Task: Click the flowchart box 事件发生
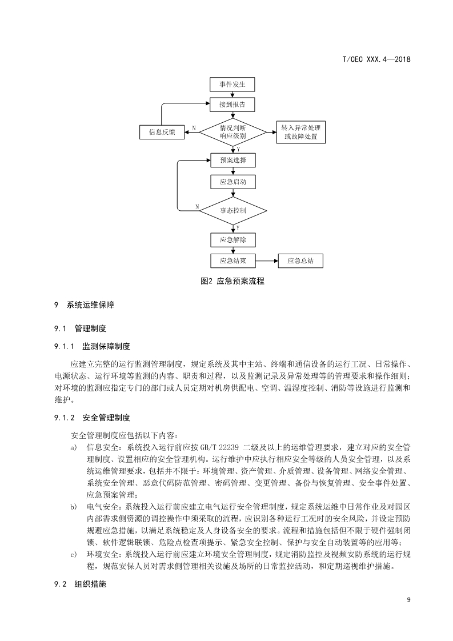[232, 85]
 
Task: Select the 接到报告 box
[232, 105]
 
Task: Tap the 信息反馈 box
[162, 132]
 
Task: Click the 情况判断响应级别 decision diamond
[232, 132]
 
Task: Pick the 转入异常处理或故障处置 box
[300, 132]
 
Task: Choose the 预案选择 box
[232, 160]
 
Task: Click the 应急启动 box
[232, 182]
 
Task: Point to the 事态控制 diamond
[232, 210]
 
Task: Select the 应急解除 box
[232, 239]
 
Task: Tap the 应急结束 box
[232, 261]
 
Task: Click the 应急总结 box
[300, 261]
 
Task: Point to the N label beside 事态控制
[197, 206]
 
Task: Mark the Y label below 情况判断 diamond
[238, 149]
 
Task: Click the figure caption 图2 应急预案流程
[232, 281]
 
